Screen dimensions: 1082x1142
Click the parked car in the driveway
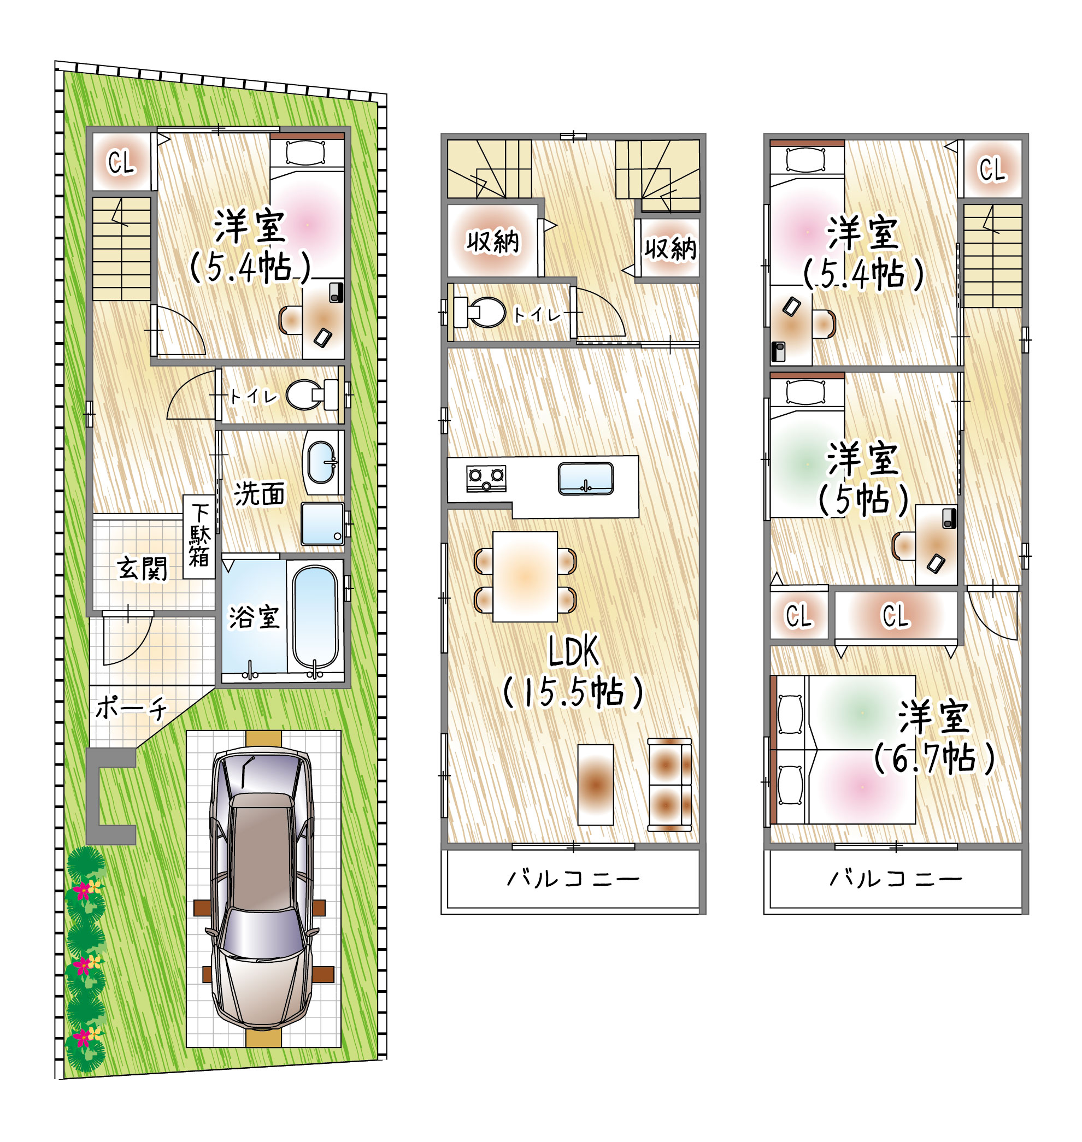[x=263, y=891]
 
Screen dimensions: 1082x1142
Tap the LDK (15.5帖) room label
[x=573, y=673]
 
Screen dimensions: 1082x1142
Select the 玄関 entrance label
[x=143, y=569]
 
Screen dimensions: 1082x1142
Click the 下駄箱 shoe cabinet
[x=199, y=537]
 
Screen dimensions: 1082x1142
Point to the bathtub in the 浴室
[x=315, y=616]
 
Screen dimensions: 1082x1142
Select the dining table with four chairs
[x=525, y=577]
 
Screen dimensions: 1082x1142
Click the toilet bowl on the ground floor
[x=305, y=395]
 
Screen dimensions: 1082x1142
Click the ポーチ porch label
[x=132, y=708]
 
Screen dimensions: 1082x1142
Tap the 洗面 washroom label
[x=260, y=495]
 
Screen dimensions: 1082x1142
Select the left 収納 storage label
[x=493, y=242]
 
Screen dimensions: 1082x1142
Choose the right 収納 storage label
[x=670, y=249]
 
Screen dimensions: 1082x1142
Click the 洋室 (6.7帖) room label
[x=934, y=738]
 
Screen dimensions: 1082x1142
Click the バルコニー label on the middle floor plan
[x=573, y=879]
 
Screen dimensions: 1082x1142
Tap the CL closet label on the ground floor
[x=121, y=162]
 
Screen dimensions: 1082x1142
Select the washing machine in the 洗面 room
[x=322, y=523]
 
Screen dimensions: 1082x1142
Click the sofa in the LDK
[x=669, y=785]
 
